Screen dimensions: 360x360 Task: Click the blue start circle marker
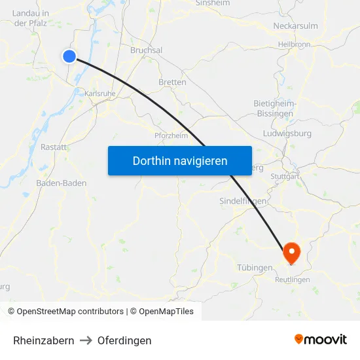[69, 56]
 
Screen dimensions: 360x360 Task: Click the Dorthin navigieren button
[180, 160]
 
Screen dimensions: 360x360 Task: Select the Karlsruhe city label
[99, 94]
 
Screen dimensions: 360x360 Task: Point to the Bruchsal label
[146, 50]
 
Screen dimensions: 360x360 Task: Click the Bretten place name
[172, 82]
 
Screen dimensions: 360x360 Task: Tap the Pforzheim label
[171, 135]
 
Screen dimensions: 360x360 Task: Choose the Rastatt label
[54, 147]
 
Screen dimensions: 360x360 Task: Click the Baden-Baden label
[62, 183]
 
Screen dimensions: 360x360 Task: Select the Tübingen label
[255, 268]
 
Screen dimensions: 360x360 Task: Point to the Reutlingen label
[293, 279]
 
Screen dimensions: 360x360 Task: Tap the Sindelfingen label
[242, 202]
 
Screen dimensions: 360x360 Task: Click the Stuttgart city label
[284, 176]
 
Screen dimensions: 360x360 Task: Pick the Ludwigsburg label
[287, 133]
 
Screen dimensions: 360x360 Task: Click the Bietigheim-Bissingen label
[274, 109]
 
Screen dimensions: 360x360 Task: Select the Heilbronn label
[294, 45]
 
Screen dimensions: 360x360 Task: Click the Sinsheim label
[212, 3]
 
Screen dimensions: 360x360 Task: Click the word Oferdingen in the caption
[124, 340]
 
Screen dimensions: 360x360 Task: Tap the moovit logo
[321, 340]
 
